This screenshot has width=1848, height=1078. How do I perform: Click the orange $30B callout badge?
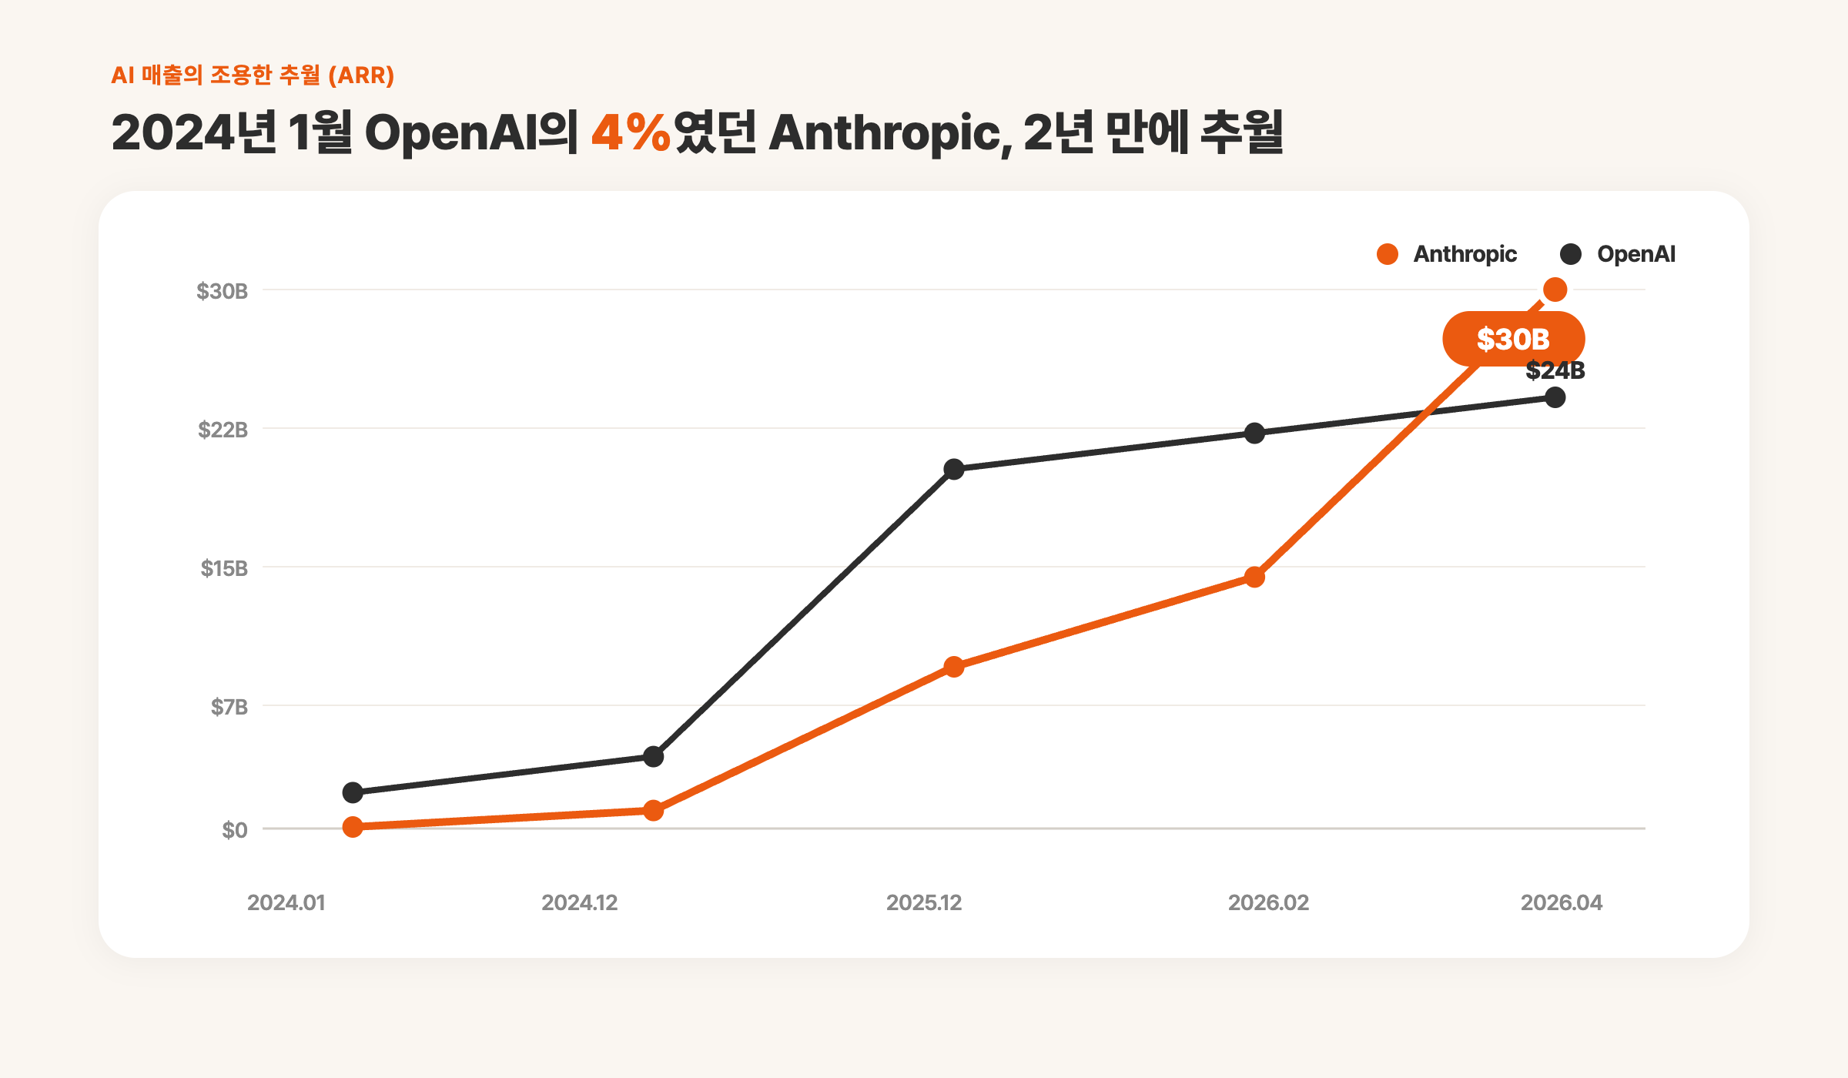coord(1513,339)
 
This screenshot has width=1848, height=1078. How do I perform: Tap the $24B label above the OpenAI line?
coord(1555,370)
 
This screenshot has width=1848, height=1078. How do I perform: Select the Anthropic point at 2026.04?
coord(1555,290)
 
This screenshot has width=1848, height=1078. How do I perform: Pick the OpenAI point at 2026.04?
coord(1555,397)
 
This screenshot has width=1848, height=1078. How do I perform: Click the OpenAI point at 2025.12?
coord(954,469)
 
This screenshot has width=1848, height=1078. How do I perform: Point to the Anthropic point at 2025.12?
coord(954,667)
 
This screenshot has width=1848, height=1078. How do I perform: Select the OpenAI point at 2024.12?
coord(653,757)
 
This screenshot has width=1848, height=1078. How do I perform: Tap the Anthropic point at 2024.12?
coord(653,810)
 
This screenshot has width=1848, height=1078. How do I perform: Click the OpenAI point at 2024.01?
coord(353,792)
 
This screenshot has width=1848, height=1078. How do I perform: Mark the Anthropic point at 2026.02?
coord(1254,577)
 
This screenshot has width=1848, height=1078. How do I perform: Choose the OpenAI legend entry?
coord(1617,254)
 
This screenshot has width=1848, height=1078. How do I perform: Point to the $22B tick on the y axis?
coord(223,430)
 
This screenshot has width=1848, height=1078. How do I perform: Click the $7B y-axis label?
coord(229,707)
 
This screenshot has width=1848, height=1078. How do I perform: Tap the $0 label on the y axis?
coord(235,830)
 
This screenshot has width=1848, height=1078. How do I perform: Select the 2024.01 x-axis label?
coord(286,902)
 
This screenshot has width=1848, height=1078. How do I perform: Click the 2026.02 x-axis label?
coord(1268,902)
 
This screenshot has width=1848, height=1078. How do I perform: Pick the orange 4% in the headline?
coord(631,132)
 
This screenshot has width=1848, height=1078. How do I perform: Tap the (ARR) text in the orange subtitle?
coord(361,75)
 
